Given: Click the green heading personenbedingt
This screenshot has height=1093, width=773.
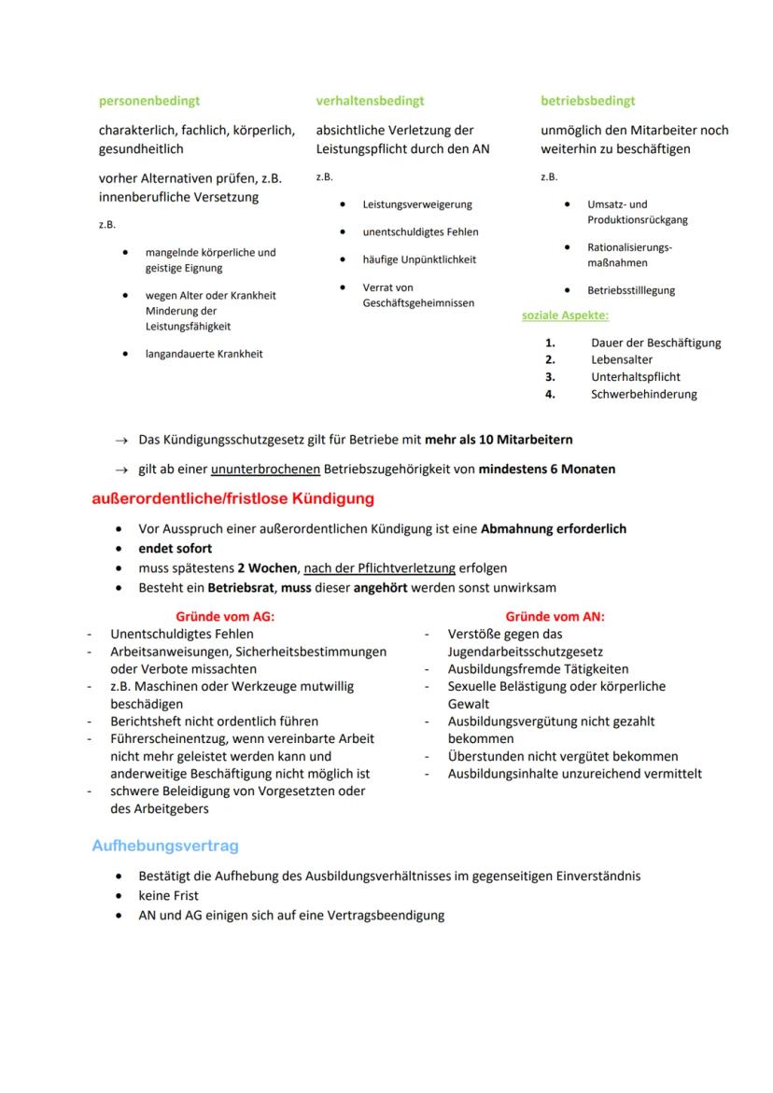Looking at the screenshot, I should (x=149, y=101).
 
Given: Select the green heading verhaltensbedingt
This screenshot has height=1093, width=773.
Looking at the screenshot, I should (x=370, y=101).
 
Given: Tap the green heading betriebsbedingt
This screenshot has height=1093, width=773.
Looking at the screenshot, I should (x=587, y=101).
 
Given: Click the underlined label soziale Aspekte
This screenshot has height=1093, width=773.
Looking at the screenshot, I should (x=565, y=315).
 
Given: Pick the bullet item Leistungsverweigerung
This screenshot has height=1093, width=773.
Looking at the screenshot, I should (x=417, y=204).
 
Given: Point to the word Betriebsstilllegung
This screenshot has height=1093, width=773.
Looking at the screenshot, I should (x=631, y=290).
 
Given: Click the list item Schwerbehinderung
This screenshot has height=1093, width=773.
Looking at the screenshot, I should (x=643, y=394).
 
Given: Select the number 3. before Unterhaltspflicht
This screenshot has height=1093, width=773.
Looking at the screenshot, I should (x=551, y=377).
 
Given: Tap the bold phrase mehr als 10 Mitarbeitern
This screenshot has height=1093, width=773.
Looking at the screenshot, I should (x=499, y=439).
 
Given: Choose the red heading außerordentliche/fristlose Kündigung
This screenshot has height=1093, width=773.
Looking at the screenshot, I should (x=232, y=498).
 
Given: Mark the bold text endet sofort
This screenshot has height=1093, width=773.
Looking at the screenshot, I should (x=176, y=548).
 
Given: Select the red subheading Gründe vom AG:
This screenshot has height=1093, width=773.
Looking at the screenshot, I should (x=225, y=617).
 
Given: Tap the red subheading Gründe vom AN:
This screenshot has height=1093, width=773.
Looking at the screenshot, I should (x=555, y=617).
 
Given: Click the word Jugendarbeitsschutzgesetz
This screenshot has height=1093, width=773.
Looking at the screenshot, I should (x=525, y=652).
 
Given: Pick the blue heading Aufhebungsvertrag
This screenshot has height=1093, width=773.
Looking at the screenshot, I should (x=165, y=846).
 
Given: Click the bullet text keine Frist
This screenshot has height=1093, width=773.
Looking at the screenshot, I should (x=168, y=895).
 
